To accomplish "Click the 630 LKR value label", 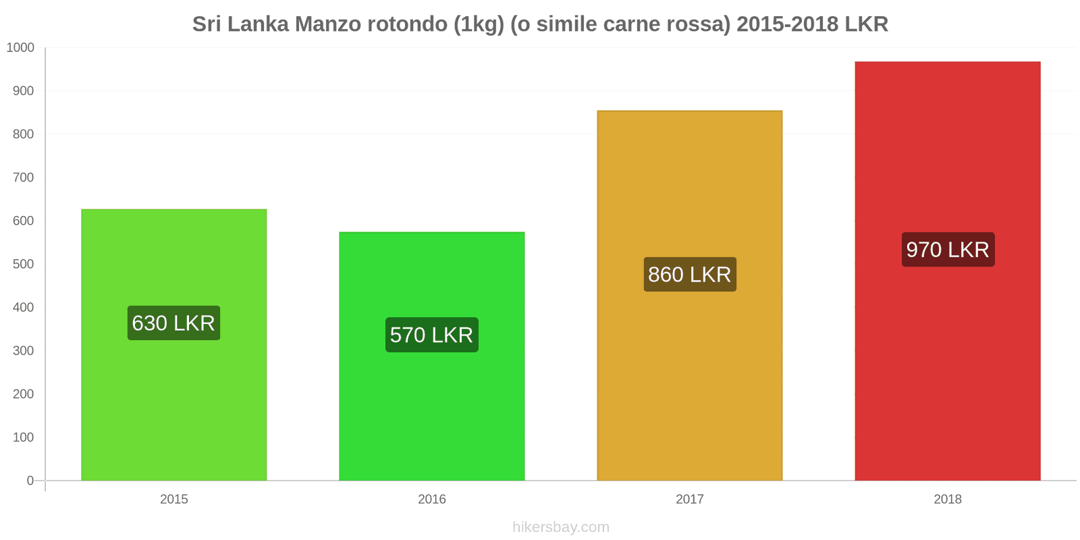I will [x=173, y=323].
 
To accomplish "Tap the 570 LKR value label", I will [x=431, y=335].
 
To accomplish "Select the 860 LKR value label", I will [x=689, y=275].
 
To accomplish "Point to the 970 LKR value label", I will [x=947, y=250].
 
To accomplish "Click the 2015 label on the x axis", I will [x=173, y=500].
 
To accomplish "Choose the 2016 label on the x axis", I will [x=431, y=500].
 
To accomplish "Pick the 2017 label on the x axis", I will [x=689, y=500].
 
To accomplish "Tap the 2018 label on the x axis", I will [x=947, y=500].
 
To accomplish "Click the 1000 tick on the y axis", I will [x=20, y=48].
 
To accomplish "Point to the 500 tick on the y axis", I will [x=23, y=264].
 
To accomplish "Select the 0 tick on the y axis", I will [x=30, y=481].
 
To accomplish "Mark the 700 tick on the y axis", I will [x=23, y=178].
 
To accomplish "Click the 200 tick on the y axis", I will [x=23, y=394].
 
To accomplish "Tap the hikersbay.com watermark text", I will [x=560, y=527].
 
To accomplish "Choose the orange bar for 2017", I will [x=689, y=378].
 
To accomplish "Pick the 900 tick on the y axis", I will [x=23, y=91].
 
